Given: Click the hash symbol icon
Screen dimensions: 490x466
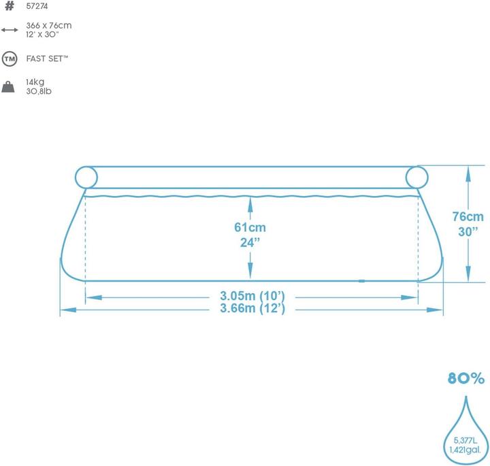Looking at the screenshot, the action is pos(10,5).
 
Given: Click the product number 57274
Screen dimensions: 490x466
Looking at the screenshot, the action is pos(37,6).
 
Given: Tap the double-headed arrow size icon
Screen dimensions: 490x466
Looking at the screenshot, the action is pos(10,30).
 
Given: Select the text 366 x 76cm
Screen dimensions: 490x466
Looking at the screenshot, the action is pos(49,25).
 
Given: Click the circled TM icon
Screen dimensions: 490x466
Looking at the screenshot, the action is pos(10,59).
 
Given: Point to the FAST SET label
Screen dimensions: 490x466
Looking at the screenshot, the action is pos(47,59).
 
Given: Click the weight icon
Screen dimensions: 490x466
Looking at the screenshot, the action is pos(8,87).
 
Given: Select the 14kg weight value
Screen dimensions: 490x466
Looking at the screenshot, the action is pos(35,82).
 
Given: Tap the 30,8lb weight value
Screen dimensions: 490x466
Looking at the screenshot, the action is pos(39,91).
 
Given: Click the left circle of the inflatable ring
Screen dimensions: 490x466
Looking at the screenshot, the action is pos(76,177).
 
